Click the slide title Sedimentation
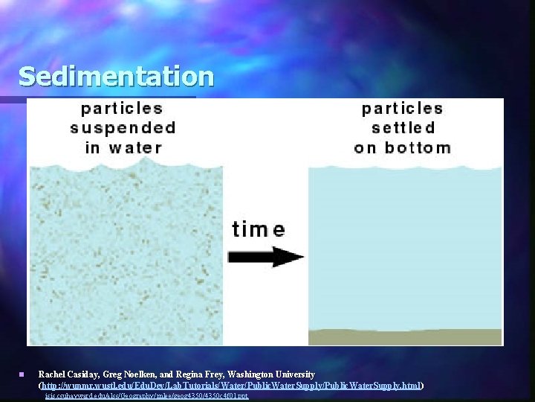pyautogui.click(x=116, y=76)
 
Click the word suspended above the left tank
pyautogui.click(x=123, y=128)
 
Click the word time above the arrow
pyautogui.click(x=258, y=229)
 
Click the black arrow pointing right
pyautogui.click(x=267, y=258)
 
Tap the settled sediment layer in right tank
pyautogui.click(x=405, y=336)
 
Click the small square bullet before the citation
pyautogui.click(x=23, y=374)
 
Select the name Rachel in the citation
pyautogui.click(x=52, y=374)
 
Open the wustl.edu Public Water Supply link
pyautogui.click(x=231, y=386)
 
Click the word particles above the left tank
pyautogui.click(x=123, y=109)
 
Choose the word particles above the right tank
pyautogui.click(x=402, y=109)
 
